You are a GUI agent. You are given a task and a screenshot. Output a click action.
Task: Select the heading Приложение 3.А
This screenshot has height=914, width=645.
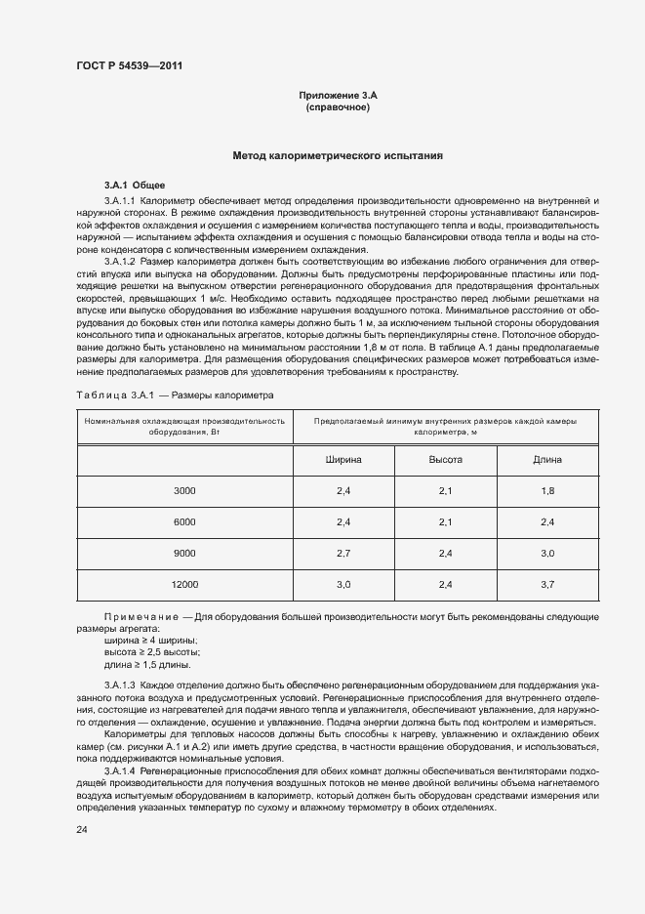coord(338,95)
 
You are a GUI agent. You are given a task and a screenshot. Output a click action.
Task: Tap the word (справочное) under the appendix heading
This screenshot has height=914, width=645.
coord(338,106)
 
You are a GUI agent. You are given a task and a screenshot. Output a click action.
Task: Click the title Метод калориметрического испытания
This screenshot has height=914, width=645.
coord(338,155)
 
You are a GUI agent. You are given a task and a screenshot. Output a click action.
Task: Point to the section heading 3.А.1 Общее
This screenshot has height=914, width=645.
coord(136,185)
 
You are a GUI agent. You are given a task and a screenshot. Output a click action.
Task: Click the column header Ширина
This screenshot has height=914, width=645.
coord(343,459)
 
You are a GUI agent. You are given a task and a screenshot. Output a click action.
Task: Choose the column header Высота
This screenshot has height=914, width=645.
coord(445,459)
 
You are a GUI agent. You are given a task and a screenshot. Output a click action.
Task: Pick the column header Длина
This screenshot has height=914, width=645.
coord(546,459)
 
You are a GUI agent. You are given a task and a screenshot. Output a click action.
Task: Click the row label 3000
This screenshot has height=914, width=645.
coord(185,490)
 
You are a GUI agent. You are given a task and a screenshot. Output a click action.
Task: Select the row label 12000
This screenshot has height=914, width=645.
coord(185,584)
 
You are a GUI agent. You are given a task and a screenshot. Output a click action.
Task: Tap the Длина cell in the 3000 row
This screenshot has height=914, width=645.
coord(546,490)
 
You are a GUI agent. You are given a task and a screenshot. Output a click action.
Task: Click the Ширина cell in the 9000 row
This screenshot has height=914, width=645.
coord(343,553)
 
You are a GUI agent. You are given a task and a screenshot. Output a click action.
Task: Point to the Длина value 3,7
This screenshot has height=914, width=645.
coord(546,584)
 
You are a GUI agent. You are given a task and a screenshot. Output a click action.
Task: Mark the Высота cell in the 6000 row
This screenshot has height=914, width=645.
coord(445,521)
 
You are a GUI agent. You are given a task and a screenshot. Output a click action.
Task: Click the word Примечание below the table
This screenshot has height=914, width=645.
coord(141,616)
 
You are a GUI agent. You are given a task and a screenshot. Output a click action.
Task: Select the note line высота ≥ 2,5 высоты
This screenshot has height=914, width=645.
coord(144,651)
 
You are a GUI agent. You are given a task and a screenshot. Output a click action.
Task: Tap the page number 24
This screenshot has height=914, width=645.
coord(82,830)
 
